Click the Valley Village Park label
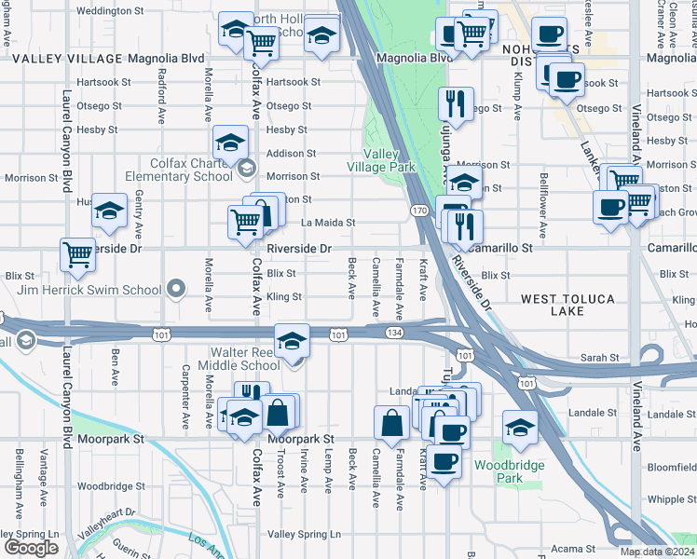pyautogui.click(x=381, y=160)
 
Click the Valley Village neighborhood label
pyautogui.click(x=66, y=58)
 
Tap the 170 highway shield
pyautogui.click(x=420, y=211)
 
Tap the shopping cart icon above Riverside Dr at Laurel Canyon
pyautogui.click(x=77, y=253)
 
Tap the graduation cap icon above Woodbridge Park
pyautogui.click(x=520, y=428)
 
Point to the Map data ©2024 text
pyautogui.click(x=657, y=552)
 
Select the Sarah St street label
pyautogui.click(x=600, y=358)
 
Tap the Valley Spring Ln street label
pyautogui.click(x=304, y=534)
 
